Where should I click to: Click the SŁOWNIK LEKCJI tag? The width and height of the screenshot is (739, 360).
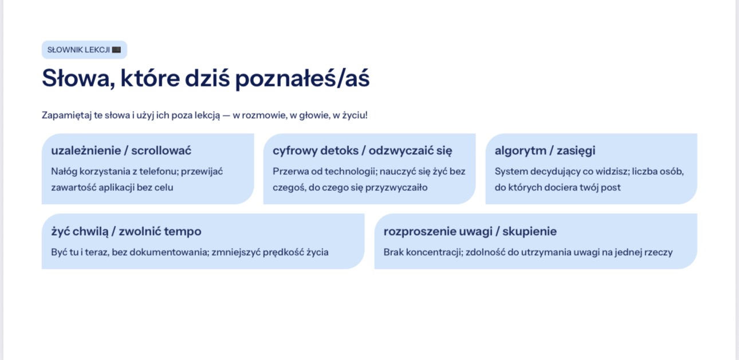[84, 50]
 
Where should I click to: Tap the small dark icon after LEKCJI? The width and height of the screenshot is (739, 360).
[116, 50]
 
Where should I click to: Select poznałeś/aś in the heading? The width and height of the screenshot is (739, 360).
[302, 79]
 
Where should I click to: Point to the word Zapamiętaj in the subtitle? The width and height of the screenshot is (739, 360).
[66, 115]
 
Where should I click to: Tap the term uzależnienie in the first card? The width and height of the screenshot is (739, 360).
[86, 151]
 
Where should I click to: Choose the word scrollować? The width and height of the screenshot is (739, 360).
[162, 151]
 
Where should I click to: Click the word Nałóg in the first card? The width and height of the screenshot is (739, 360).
[64, 171]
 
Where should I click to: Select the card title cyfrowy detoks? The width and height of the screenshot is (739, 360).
[316, 151]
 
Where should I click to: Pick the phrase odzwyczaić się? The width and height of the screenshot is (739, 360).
[410, 151]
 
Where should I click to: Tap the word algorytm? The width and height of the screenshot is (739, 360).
[521, 151]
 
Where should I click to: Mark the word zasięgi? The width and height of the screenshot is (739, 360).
[576, 151]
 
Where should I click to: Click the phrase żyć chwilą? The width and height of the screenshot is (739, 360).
[80, 232]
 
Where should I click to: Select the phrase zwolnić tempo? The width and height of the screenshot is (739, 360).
[160, 231]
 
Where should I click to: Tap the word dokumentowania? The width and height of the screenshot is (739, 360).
[160, 252]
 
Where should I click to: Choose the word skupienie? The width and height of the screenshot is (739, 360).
[529, 232]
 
